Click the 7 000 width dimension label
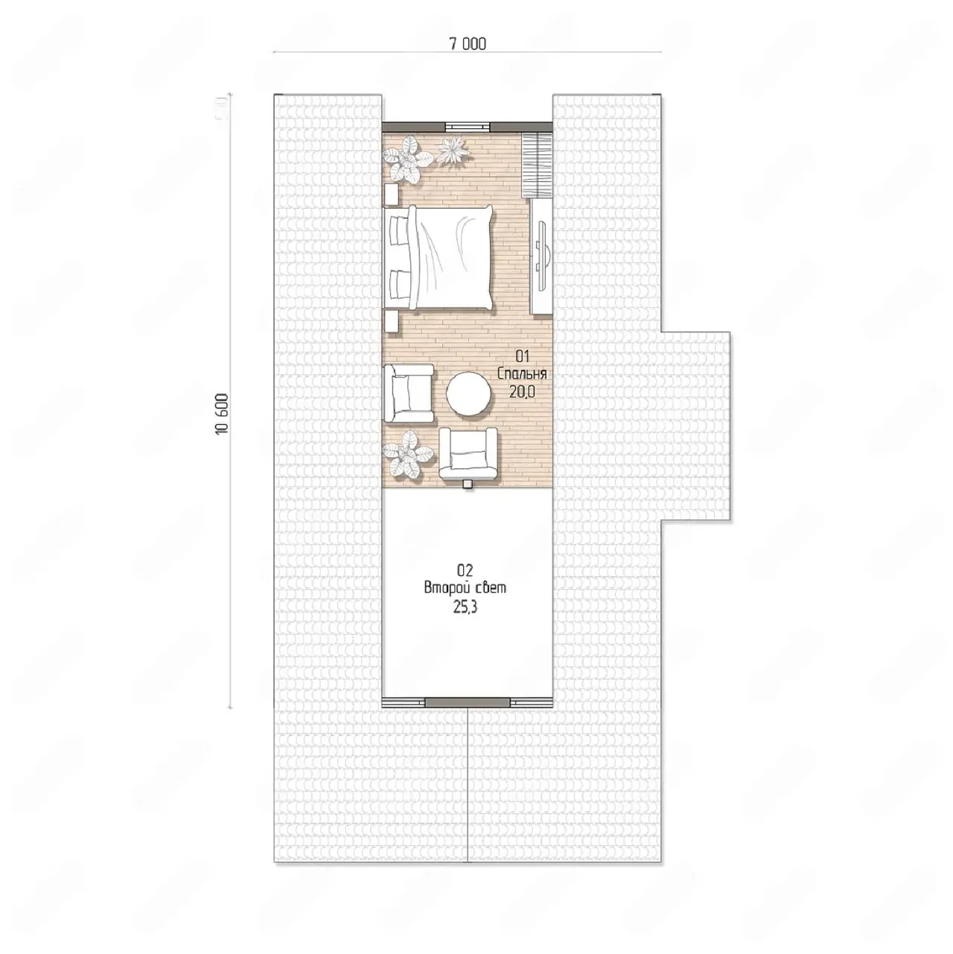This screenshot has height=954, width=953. pyautogui.click(x=467, y=45)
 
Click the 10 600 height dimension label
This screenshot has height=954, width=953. pyautogui.click(x=222, y=414)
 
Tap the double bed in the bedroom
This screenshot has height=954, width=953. pyautogui.click(x=439, y=258)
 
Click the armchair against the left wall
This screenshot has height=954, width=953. pyautogui.click(x=409, y=394)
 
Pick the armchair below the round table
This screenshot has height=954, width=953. pyautogui.click(x=468, y=453)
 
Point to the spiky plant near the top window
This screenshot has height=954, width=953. pyautogui.click(x=452, y=150)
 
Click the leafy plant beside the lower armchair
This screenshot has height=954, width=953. pyautogui.click(x=409, y=454)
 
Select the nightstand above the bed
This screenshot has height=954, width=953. pyautogui.click(x=391, y=194)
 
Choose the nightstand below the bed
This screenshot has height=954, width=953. pyautogui.click(x=391, y=321)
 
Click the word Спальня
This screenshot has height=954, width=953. pyautogui.click(x=521, y=374)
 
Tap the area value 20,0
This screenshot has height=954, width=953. pyautogui.click(x=521, y=392)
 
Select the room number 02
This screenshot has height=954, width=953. pyautogui.click(x=464, y=571)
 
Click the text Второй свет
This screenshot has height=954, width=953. pyautogui.click(x=465, y=588)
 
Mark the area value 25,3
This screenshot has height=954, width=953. pyautogui.click(x=465, y=608)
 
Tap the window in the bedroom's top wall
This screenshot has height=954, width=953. pyautogui.click(x=467, y=127)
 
